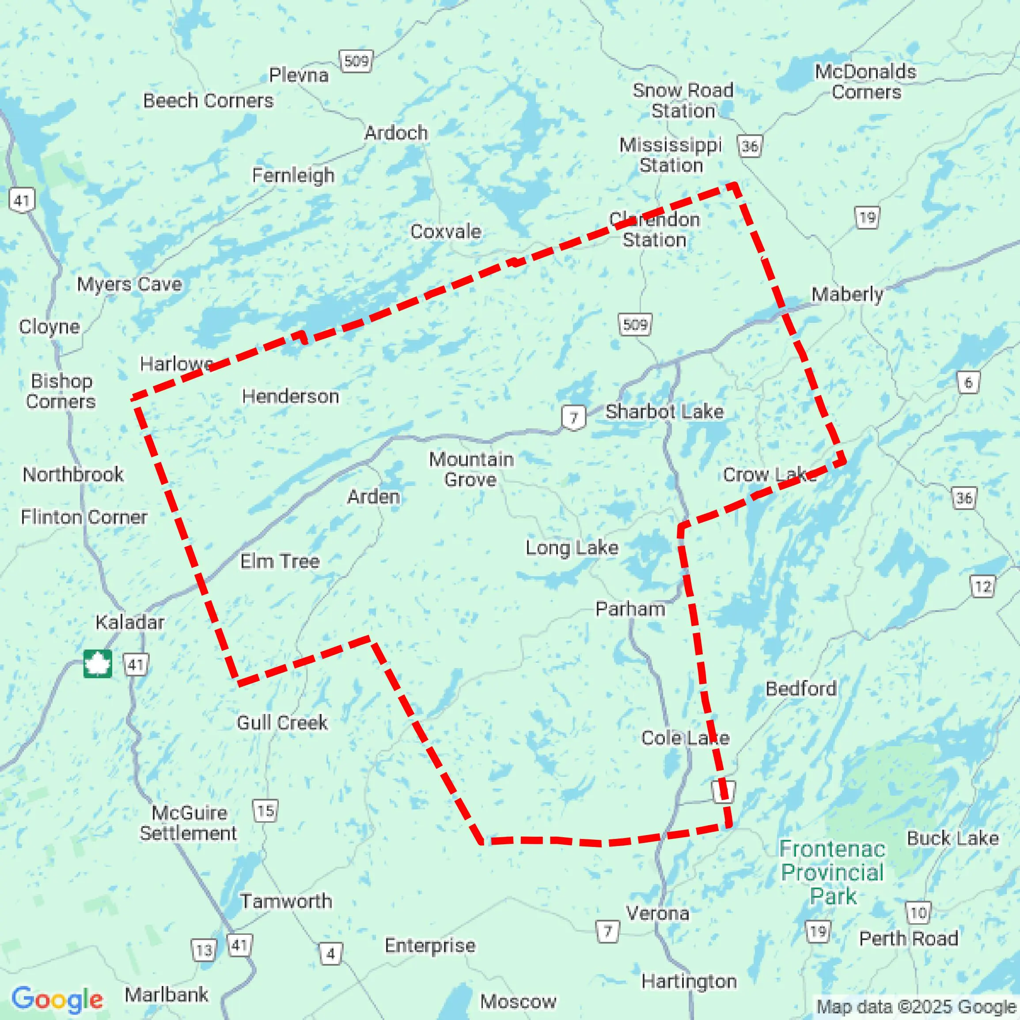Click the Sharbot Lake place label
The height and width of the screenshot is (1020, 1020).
pos(664,411)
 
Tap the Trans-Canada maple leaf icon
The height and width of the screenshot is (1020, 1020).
pos(98,664)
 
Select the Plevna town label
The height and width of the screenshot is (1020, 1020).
pos(299,75)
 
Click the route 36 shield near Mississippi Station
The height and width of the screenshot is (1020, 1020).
pos(750,146)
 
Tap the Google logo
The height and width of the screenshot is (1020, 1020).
pos(57,999)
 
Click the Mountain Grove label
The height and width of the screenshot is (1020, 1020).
pos(470,469)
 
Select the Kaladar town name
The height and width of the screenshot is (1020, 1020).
pos(129,622)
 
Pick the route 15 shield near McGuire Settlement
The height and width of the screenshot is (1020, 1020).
pos(265,810)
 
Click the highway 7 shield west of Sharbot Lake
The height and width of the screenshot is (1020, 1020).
pos(573,418)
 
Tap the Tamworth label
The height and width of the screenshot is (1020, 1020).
pos(286,901)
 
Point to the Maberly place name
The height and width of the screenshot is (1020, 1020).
pos(847,294)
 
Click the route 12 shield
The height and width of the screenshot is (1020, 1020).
pos(982,586)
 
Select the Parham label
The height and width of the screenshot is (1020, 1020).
pos(629,609)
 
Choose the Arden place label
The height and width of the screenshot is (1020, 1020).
pos(373,496)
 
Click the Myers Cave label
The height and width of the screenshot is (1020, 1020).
pos(129,284)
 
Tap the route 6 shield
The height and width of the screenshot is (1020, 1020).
pos(968,382)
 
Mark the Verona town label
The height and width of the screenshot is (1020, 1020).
pos(657,913)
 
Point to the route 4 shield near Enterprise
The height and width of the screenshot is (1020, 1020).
pos(331,953)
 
